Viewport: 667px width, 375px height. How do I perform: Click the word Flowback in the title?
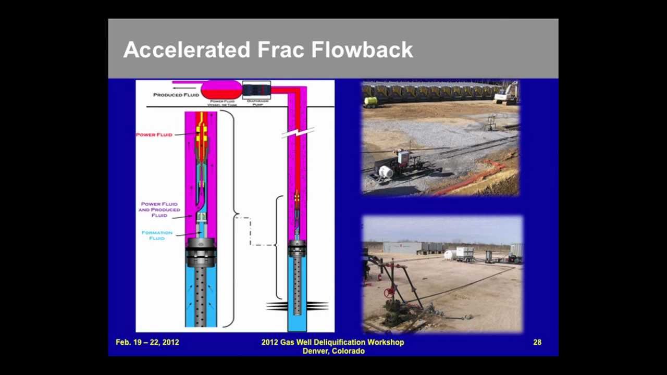[362, 50]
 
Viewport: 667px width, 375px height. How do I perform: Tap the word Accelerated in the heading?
[187, 50]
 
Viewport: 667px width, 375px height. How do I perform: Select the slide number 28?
[537, 342]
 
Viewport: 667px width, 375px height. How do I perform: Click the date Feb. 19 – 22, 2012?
[147, 342]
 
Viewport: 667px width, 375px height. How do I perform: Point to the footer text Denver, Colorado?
[333, 351]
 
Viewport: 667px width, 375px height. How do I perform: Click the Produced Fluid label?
[176, 95]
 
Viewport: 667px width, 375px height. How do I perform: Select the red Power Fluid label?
[154, 135]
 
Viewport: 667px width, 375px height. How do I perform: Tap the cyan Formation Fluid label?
[157, 235]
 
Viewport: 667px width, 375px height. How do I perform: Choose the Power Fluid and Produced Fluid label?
[159, 209]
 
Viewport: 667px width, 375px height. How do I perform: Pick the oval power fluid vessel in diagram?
[221, 90]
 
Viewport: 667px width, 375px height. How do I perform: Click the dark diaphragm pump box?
[256, 90]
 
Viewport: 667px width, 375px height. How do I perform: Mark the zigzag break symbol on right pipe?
[298, 132]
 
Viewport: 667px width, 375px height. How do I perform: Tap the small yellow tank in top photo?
[370, 101]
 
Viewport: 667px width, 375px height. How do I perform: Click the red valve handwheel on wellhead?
[389, 293]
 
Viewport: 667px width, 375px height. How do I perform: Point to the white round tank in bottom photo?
[449, 255]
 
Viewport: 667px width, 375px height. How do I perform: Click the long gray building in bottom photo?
[402, 247]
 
